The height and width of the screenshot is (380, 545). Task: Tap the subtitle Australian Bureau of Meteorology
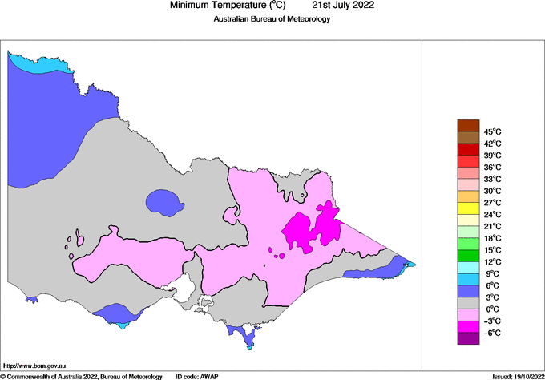(272, 19)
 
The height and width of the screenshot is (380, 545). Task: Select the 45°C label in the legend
(492, 131)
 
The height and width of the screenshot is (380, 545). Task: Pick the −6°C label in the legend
(492, 333)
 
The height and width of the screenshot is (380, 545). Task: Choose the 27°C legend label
(492, 203)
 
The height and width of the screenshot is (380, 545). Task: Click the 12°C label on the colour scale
(492, 261)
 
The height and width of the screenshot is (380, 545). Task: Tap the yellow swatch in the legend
(468, 208)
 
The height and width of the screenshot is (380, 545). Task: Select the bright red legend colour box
(468, 149)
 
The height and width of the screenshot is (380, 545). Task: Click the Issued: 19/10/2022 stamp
(517, 375)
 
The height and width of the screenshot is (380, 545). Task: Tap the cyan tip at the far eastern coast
(410, 265)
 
